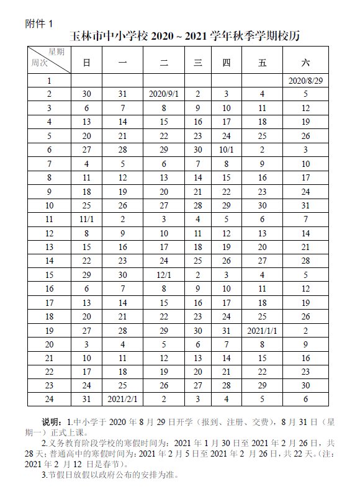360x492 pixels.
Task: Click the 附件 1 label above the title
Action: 39,23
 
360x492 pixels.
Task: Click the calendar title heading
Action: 185,36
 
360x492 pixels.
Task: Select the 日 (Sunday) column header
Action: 87,61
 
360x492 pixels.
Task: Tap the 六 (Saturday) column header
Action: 305,61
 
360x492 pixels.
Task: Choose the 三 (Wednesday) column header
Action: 198,61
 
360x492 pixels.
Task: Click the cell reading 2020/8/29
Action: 305,81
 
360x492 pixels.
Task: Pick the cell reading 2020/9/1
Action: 164,94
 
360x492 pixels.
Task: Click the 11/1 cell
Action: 87,218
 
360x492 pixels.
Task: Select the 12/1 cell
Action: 164,274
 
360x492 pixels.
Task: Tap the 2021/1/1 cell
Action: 262,329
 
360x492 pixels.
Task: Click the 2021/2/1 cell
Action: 122,398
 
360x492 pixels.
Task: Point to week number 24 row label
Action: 49,398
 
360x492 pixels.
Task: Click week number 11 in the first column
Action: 49,218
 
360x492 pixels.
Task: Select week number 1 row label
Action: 49,81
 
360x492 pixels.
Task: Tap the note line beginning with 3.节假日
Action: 109,476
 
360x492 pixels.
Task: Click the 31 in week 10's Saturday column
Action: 305,205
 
